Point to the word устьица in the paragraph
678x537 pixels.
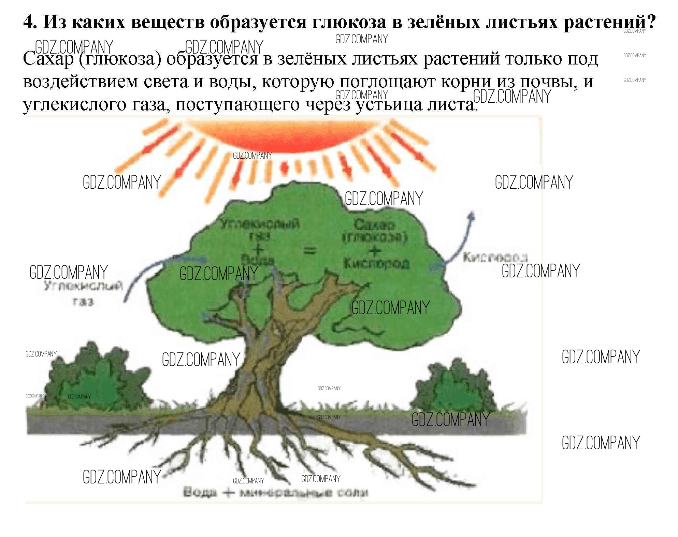point(389,104)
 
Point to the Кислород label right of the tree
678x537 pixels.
point(495,257)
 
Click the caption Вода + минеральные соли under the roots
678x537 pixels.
point(276,492)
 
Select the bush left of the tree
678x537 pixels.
point(96,379)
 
